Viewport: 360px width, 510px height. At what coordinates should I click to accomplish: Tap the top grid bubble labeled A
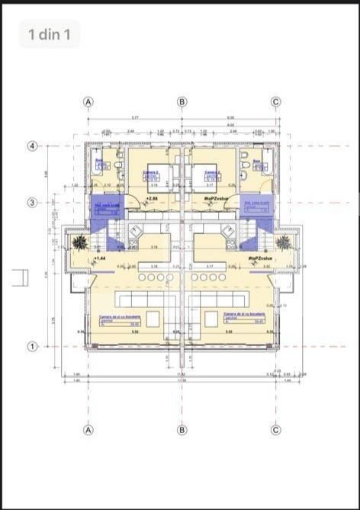click(x=88, y=101)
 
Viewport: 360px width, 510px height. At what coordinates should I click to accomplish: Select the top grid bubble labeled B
click(x=182, y=101)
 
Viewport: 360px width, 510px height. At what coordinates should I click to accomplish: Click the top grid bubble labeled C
click(x=276, y=101)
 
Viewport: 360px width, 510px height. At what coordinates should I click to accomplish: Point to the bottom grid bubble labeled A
click(x=88, y=430)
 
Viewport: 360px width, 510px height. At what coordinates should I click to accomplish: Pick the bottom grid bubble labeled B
click(x=182, y=430)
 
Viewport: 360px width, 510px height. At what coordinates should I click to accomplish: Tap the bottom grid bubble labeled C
click(x=276, y=430)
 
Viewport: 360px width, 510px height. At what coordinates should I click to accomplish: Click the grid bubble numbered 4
click(x=33, y=146)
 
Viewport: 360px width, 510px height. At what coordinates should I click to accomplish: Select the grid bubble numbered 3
click(x=33, y=203)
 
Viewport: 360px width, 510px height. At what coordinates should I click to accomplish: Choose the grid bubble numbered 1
click(x=33, y=346)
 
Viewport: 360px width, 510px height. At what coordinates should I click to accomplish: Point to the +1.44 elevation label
click(x=99, y=258)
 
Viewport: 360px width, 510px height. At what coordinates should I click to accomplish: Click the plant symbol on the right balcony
click(x=284, y=242)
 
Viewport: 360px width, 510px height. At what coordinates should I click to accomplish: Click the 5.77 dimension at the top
click(x=135, y=117)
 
